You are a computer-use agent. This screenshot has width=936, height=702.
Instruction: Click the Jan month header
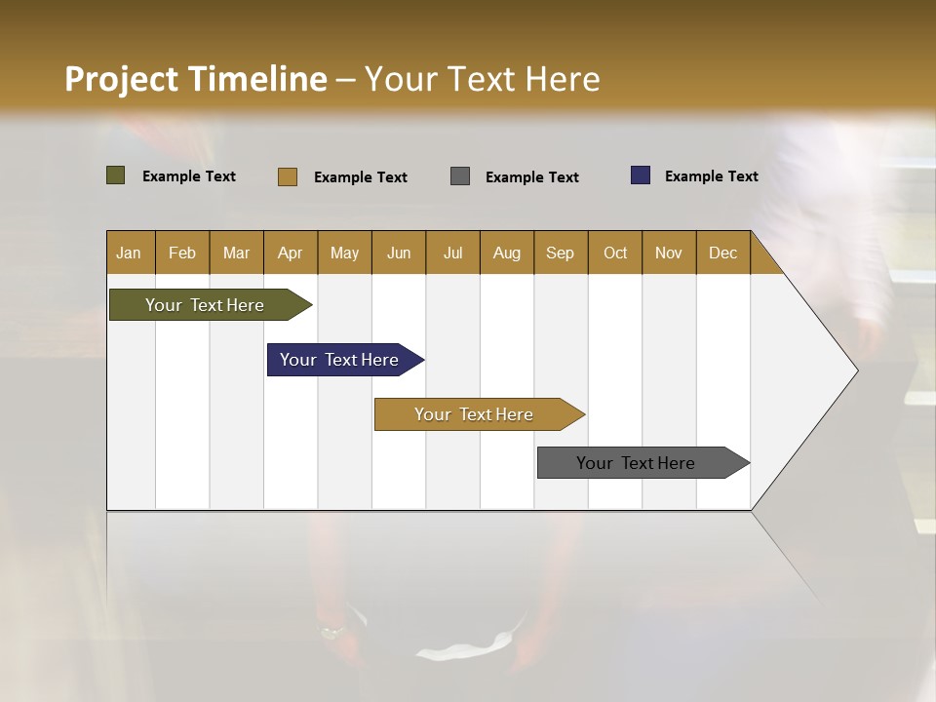click(130, 253)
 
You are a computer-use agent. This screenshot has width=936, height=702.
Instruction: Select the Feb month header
click(182, 253)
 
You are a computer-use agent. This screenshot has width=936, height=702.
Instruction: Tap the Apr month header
click(291, 253)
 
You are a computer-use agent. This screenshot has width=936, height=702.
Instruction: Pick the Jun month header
click(399, 253)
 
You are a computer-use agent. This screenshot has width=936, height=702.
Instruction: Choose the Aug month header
click(507, 253)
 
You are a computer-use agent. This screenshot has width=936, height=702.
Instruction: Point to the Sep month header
click(561, 253)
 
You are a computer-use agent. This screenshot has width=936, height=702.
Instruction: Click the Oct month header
click(615, 253)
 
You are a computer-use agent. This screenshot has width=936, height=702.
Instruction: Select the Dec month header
click(723, 253)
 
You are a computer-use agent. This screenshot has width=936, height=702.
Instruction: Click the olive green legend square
click(116, 175)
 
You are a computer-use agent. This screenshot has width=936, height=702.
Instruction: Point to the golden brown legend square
click(288, 176)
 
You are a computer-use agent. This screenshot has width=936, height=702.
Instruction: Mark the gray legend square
click(460, 176)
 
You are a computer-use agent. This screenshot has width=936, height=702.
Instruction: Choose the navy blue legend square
click(641, 175)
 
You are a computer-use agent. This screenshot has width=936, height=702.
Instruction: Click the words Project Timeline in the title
click(196, 79)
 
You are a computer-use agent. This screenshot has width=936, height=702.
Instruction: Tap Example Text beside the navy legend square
click(711, 176)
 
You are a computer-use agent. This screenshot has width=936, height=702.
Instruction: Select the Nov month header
click(669, 253)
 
